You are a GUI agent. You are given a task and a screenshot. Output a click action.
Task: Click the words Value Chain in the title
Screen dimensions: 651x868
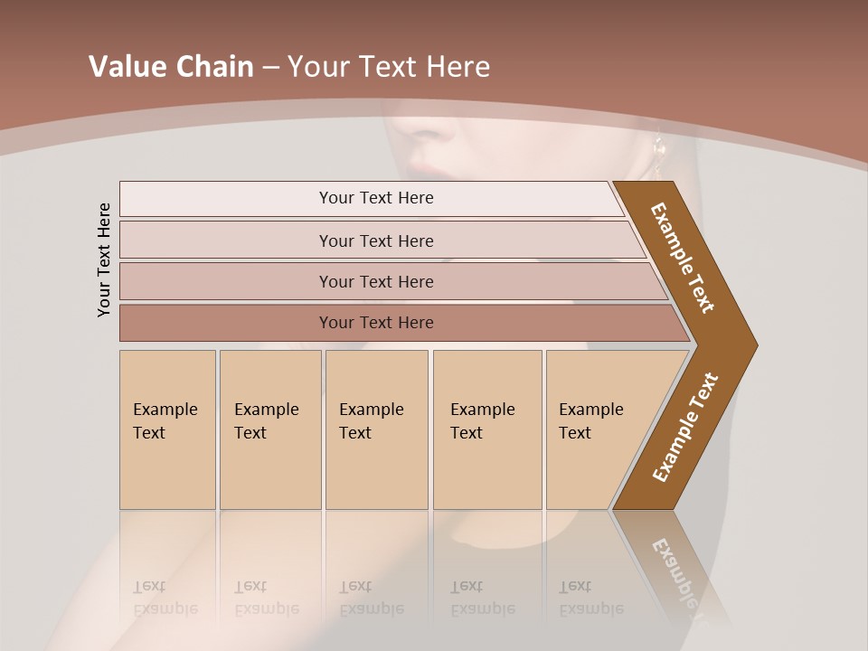[x=171, y=67]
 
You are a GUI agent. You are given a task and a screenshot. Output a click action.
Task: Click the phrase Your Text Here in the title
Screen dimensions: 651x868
[x=389, y=67]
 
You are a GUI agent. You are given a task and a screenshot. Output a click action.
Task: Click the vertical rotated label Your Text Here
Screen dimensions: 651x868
[x=104, y=259]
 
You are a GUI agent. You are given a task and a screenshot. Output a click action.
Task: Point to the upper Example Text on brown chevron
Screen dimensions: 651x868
[x=683, y=258]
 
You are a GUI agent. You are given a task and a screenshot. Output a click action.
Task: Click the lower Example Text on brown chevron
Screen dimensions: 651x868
[x=684, y=428]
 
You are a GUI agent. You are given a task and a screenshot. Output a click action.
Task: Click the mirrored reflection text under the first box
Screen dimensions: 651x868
[x=165, y=599]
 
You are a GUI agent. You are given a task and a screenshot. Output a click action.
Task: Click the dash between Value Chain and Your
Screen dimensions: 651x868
[x=270, y=68]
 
